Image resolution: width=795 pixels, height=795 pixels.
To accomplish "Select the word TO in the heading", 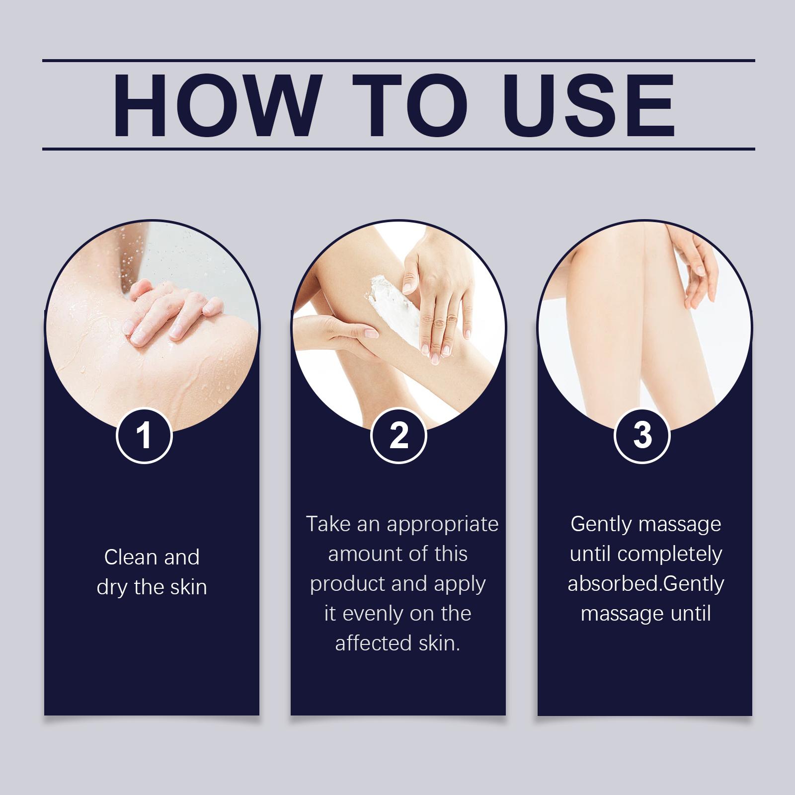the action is pos(411,105).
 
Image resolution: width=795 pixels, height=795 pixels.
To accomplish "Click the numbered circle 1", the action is pos(144,435).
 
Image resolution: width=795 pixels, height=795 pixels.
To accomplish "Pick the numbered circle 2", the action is pos(398,435).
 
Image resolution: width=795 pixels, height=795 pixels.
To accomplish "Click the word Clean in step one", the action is pos(131,557).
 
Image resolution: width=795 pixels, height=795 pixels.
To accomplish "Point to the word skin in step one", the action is pos(188,587).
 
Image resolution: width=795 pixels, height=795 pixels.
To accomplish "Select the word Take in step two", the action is pos(328,524).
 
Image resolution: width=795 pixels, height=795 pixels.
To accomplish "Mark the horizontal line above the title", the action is pos(398,61).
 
